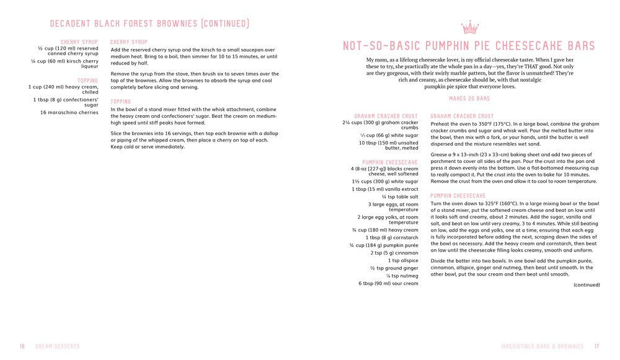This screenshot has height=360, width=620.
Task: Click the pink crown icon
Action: tap(470, 27)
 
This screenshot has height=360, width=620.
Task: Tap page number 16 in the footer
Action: tap(22, 346)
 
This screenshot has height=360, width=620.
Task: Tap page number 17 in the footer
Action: tap(596, 346)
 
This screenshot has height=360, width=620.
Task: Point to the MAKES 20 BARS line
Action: tap(469, 99)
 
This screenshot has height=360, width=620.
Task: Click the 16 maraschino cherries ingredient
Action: tap(69, 112)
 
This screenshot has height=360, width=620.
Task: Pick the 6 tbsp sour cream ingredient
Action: tap(388, 284)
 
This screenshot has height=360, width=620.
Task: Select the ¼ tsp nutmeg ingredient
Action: tap(402, 276)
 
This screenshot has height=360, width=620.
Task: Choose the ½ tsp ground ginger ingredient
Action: tap(394, 268)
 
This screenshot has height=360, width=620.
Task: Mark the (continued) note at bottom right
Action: tap(586, 285)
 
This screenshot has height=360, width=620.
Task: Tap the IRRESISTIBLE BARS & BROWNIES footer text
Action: tap(544, 346)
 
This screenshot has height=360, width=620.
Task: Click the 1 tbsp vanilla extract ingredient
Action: tap(385, 189)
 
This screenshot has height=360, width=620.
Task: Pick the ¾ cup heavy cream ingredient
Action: tap(385, 230)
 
